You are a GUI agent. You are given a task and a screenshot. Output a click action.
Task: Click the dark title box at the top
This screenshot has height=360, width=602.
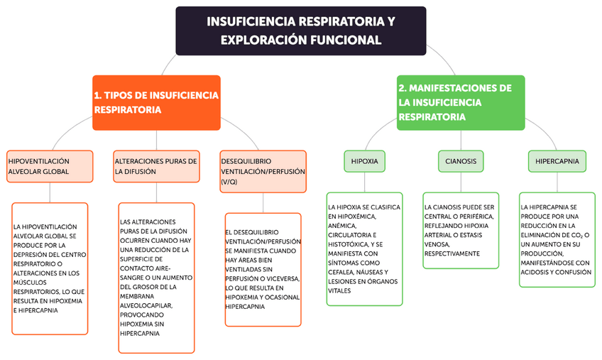(x=300, y=31)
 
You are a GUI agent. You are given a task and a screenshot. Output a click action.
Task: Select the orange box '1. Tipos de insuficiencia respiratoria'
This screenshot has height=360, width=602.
(x=156, y=102)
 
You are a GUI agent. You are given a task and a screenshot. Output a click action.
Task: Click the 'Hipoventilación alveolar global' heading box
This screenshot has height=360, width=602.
(x=50, y=166)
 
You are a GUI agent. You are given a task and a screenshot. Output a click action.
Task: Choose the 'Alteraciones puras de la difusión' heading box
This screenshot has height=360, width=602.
(x=156, y=166)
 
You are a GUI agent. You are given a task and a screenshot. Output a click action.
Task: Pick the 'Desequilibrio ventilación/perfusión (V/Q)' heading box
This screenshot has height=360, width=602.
(x=263, y=171)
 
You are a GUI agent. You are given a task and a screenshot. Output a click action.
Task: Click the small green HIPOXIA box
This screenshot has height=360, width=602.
(x=365, y=161)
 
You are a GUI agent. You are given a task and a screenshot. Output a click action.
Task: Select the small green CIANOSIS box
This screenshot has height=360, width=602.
(x=460, y=161)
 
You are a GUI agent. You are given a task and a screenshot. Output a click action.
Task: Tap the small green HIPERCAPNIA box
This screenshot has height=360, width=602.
(x=558, y=161)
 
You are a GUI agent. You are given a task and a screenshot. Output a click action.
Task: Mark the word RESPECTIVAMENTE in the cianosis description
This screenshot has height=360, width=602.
(x=451, y=253)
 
